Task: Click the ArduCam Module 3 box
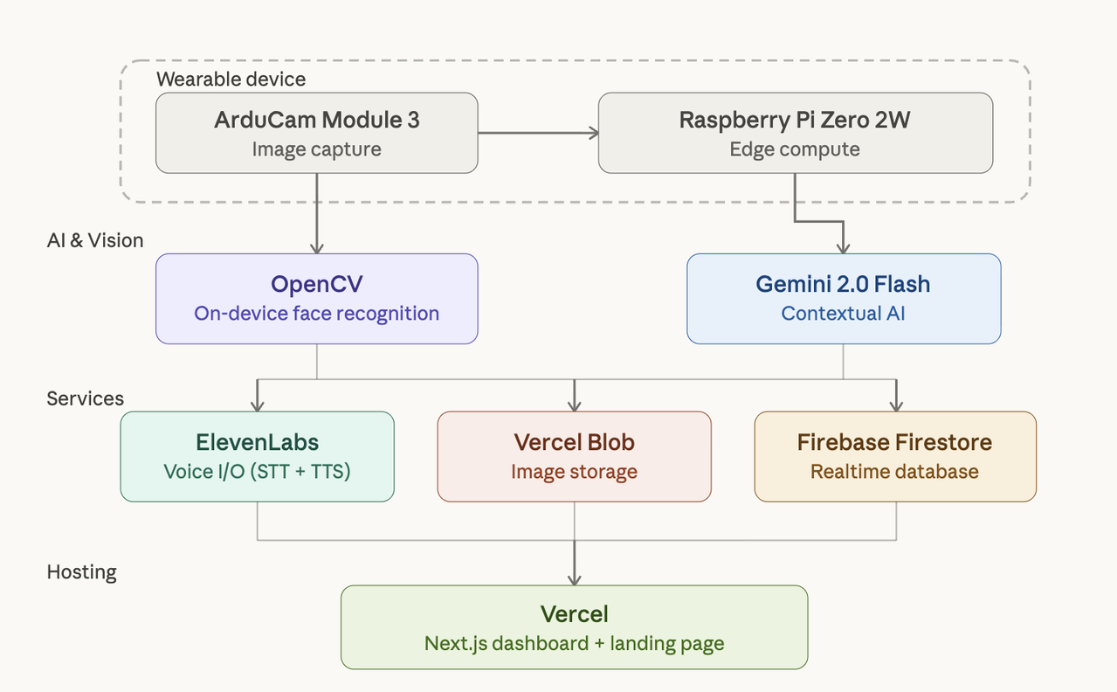[316, 133]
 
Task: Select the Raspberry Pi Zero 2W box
[795, 133]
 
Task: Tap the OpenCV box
[316, 298]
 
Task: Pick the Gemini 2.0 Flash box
[843, 298]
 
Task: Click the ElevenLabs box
[257, 456]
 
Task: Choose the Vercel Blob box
[574, 456]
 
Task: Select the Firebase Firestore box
[895, 456]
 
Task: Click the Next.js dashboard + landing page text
[574, 644]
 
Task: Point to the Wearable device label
[231, 79]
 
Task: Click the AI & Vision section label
[94, 240]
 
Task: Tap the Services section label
[85, 398]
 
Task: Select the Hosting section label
[81, 572]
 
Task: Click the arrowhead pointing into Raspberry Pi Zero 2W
[593, 133]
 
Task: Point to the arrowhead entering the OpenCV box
[316, 248]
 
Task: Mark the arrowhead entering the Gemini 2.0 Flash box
[843, 248]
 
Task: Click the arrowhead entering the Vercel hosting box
[574, 578]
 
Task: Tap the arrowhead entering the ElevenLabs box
[257, 405]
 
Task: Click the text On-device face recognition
[316, 314]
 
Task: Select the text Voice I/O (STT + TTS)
[257, 472]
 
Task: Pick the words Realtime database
[894, 472]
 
